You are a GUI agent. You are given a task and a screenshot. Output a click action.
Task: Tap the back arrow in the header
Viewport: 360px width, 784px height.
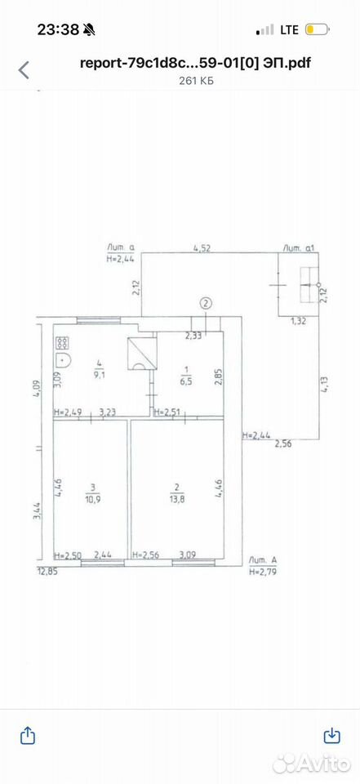(24, 70)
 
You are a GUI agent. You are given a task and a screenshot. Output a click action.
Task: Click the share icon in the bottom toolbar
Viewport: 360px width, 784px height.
(28, 736)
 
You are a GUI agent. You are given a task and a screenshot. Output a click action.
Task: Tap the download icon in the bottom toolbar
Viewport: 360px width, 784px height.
(332, 736)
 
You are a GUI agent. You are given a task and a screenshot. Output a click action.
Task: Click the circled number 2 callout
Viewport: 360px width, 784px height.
(206, 302)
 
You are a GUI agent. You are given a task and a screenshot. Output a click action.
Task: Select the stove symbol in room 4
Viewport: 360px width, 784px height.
(63, 342)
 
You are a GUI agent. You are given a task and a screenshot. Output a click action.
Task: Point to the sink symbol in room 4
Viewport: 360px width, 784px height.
(63, 360)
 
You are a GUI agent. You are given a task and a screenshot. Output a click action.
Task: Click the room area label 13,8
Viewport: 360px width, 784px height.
(176, 498)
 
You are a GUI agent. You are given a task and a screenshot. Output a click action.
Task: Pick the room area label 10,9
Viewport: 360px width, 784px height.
(92, 498)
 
